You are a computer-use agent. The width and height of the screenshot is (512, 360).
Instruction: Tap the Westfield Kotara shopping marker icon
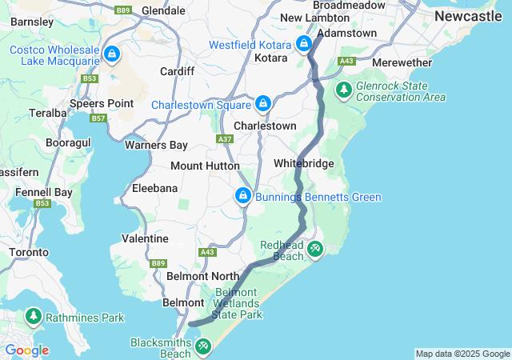304,44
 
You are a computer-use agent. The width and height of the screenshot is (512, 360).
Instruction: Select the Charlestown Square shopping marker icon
263,104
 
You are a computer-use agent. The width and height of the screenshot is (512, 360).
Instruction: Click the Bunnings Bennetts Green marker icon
242,196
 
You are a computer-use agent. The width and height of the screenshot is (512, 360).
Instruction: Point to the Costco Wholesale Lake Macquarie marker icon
112,55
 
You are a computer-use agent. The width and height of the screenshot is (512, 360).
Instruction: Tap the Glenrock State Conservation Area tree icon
343,90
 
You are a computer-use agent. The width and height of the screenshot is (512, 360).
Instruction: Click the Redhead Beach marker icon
315,250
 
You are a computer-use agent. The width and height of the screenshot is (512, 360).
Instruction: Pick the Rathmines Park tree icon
34,317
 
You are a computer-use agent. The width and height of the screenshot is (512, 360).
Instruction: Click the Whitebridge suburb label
303,163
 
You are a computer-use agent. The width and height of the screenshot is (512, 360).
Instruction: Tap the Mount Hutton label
205,166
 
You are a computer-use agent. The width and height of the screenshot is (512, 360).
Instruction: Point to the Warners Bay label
156,145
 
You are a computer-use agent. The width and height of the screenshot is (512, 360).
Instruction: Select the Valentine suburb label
145,238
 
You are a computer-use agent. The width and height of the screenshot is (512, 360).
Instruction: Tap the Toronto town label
29,252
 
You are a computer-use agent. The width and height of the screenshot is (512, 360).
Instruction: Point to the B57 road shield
98,118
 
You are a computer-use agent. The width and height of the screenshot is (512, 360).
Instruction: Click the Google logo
26,350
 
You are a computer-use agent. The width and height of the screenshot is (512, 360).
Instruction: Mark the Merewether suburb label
402,62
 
